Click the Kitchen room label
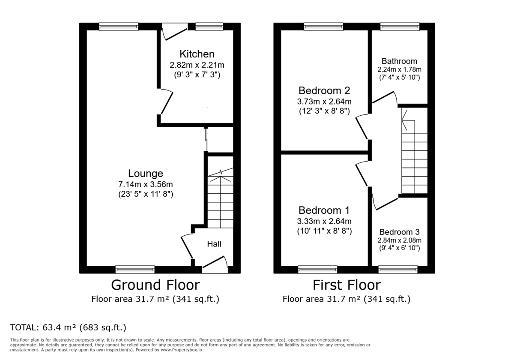tap(197, 54)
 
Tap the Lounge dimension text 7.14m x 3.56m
tap(146, 184)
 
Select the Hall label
tap(214, 244)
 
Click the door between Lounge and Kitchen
tap(166, 102)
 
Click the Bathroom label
tap(399, 61)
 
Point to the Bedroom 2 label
tap(324, 91)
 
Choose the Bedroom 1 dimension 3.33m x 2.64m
tap(324, 221)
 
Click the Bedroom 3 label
tap(399, 232)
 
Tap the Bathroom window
tap(400, 27)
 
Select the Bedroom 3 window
tap(398, 270)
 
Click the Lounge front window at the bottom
tap(135, 270)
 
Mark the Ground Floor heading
tap(155, 285)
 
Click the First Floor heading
tap(346, 285)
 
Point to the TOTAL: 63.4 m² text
tap(68, 328)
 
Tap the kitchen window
tap(206, 27)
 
